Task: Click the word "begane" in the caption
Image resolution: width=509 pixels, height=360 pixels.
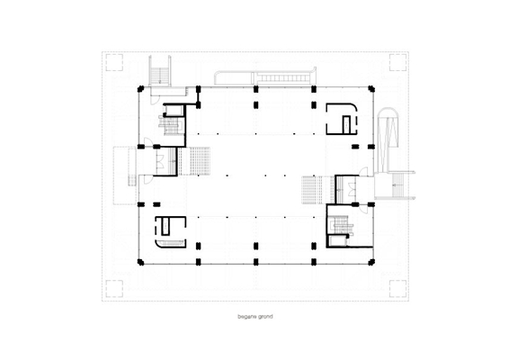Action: (247, 317)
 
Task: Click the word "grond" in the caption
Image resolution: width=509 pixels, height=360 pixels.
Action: (265, 317)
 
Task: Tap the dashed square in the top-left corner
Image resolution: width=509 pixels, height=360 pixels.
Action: (114, 62)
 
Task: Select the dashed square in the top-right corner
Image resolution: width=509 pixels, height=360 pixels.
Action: (397, 62)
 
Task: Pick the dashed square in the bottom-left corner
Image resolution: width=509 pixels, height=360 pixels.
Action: (114, 289)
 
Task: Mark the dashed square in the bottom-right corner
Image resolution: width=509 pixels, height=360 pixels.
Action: (397, 289)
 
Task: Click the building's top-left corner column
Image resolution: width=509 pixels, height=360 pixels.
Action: (140, 88)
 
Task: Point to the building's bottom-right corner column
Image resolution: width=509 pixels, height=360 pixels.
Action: (371, 262)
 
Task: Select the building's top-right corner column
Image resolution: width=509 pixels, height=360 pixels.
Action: (371, 88)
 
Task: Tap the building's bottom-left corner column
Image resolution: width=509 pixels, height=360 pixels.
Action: (140, 262)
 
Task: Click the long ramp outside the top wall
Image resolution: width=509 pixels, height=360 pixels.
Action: (265, 76)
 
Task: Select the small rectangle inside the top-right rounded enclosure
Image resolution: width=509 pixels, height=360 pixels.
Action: (347, 124)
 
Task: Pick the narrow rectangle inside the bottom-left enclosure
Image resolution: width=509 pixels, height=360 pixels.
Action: (165, 226)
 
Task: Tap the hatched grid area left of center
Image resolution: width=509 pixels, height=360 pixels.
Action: (195, 161)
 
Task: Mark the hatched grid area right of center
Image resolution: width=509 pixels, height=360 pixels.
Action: (318, 190)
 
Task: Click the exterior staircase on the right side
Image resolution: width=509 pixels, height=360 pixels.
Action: (397, 185)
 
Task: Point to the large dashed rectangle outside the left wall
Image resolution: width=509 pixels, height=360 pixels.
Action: (125, 175)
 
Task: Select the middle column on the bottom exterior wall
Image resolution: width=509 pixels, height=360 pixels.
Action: (255, 262)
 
